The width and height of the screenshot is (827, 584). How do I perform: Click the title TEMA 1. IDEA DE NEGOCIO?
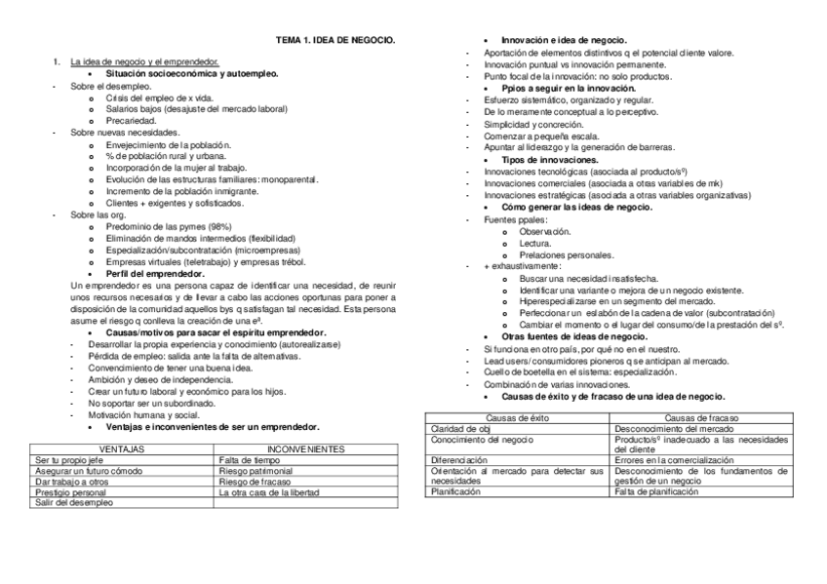[335, 39]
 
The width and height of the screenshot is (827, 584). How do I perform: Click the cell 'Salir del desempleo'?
[70, 503]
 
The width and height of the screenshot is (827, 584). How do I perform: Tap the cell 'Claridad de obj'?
[460, 428]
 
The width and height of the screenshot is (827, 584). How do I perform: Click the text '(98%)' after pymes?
[213, 226]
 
